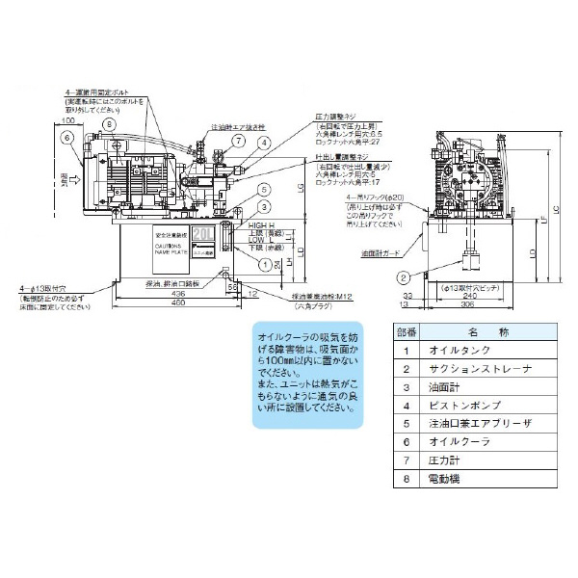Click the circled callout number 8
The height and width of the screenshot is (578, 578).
point(109,124)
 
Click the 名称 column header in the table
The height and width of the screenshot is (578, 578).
point(480,331)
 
